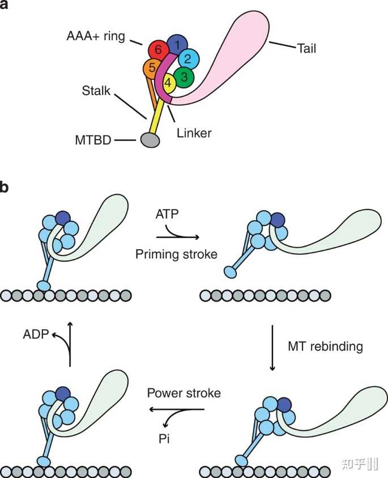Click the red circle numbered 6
158,50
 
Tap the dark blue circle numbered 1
177,45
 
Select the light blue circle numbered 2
189,59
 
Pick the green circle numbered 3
184,77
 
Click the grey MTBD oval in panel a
150,140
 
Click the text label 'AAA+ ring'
96,36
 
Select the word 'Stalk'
96,91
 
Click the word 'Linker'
194,133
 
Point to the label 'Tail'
306,49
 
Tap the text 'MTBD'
93,140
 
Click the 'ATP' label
167,214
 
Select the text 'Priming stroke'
177,254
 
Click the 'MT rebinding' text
326,347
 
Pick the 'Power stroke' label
184,393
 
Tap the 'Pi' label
164,439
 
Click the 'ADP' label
36,334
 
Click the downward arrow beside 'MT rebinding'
272,348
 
